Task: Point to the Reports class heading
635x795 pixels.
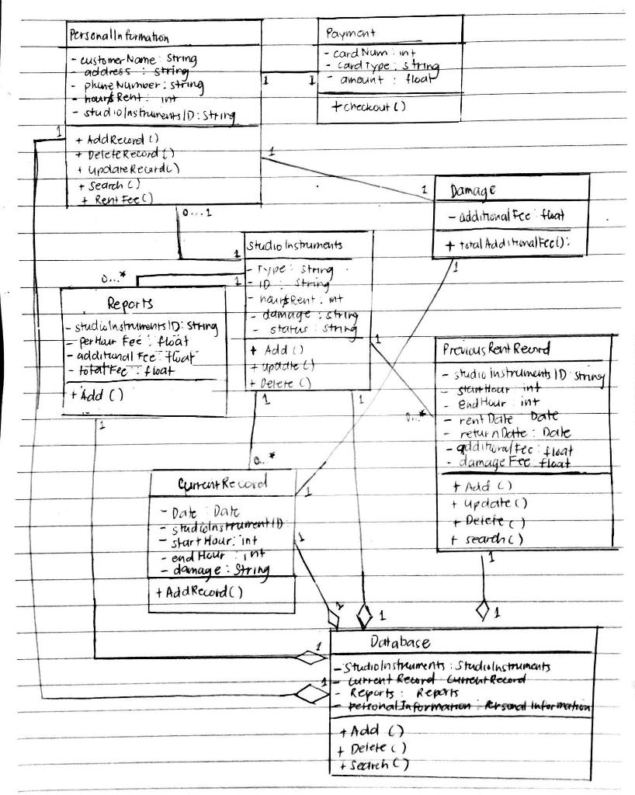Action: [130, 303]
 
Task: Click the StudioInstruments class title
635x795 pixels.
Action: [294, 245]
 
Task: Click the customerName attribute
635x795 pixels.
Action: [134, 59]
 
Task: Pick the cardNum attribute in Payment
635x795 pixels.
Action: [364, 54]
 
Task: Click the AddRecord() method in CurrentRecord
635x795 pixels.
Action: [200, 592]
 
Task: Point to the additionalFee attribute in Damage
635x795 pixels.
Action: [505, 217]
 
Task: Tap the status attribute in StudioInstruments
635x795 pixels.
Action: [303, 331]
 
